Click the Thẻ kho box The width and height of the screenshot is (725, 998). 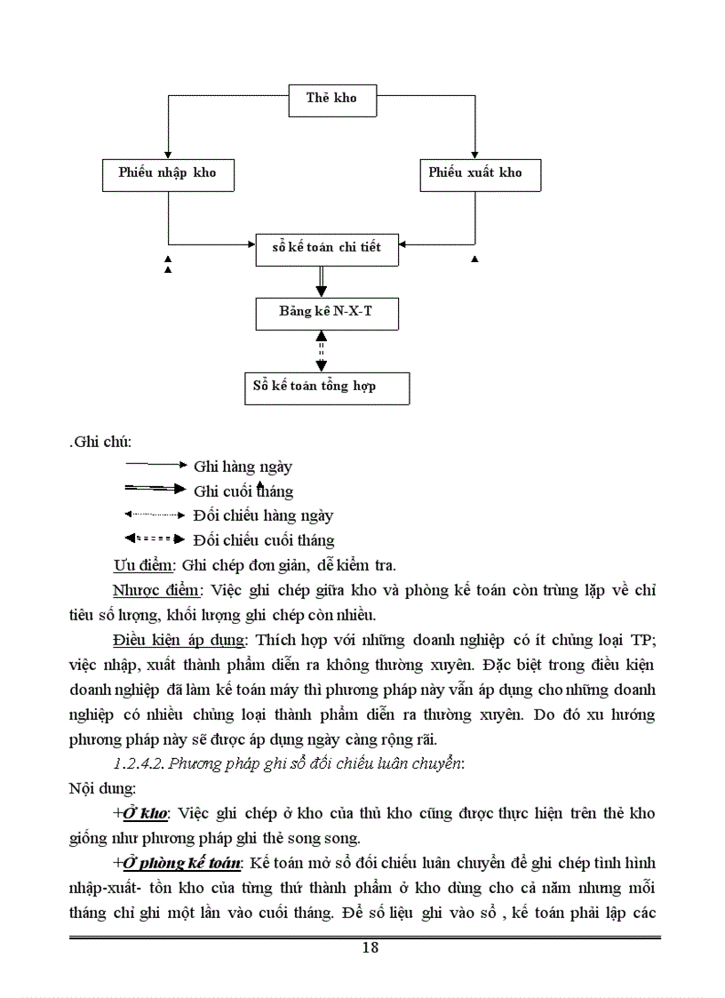point(331,99)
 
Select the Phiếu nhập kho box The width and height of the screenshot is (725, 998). point(168,173)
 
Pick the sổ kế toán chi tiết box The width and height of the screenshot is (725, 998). point(326,248)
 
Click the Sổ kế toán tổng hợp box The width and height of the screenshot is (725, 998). point(327,387)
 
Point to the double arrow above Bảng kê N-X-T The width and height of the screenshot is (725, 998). point(322,281)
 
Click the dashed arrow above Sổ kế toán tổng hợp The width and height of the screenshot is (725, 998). point(322,351)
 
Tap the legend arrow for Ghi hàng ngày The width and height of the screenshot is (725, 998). point(156,465)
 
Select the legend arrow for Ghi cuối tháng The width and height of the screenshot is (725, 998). point(156,489)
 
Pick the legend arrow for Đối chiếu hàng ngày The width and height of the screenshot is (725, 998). point(156,514)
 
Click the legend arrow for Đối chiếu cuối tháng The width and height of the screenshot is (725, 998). point(156,539)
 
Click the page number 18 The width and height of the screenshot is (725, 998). point(370,947)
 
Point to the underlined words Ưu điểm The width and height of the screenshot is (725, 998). point(143,565)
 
